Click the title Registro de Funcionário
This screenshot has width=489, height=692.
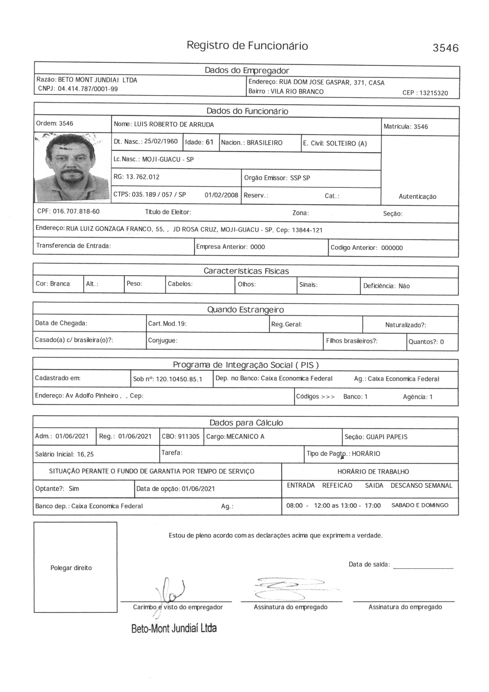pos(247,46)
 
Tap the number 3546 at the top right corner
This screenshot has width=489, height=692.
pos(445,48)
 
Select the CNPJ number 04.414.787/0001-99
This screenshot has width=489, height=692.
pos(88,89)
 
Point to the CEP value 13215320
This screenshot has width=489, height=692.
pos(434,93)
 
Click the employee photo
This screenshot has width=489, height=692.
pos(72,167)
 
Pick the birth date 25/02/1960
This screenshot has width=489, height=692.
pos(161,141)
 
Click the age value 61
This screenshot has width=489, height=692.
pos(209,142)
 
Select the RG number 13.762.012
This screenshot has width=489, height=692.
pos(143,177)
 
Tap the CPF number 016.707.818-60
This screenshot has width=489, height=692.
pos(76,211)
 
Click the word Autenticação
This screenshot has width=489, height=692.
pos(417,197)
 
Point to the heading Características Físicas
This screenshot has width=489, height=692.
pos(246,271)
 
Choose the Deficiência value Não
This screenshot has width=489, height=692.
pos(404,286)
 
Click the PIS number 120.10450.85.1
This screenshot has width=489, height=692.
pos(179,379)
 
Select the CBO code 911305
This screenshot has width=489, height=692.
pos(189,436)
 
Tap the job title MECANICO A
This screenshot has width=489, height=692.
pos(245,436)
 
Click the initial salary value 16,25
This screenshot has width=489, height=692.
pos(85,454)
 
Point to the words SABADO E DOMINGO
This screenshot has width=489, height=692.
pos(420,505)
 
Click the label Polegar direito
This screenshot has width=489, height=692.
pos(71,568)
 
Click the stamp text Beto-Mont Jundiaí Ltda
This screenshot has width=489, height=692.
pos(174,628)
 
